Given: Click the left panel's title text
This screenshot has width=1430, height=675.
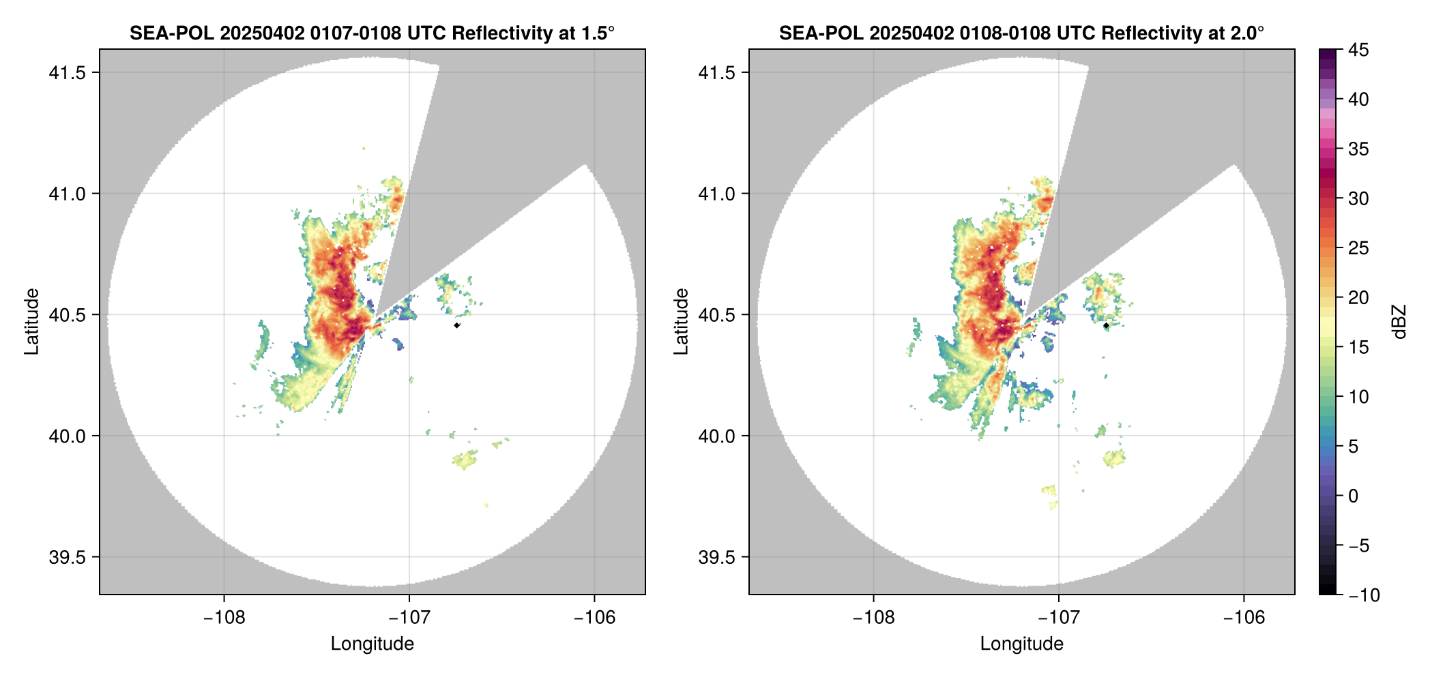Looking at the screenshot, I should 372,33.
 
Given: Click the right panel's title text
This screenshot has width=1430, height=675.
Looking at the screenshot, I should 1021,33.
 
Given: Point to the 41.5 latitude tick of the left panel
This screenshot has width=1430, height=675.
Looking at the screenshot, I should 67,73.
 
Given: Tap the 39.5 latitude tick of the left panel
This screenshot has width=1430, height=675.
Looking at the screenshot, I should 67,557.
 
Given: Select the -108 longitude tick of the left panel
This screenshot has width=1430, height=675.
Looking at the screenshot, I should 224,617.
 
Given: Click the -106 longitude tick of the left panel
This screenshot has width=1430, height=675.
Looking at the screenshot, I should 594,617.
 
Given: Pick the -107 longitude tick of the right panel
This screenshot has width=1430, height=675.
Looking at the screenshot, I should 1058,617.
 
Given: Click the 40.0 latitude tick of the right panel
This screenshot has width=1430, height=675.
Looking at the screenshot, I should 716,436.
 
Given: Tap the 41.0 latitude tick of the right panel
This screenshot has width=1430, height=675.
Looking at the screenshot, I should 716,194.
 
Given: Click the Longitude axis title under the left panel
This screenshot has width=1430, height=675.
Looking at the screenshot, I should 372,644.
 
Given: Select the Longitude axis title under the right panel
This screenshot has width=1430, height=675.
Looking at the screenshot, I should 1021,644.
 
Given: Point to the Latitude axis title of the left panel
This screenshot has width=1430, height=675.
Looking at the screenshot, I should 31,321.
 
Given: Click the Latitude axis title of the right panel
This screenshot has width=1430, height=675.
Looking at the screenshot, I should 681,321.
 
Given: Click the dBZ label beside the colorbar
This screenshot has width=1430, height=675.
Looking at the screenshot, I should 1400,321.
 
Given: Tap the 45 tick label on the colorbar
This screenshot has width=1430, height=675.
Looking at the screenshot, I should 1358,50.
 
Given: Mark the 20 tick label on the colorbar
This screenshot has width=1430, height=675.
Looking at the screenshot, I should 1358,297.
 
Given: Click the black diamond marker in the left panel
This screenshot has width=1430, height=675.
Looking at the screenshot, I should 456,325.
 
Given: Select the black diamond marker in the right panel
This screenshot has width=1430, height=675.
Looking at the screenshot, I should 1106,325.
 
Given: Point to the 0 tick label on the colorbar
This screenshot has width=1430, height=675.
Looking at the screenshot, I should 1354,496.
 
